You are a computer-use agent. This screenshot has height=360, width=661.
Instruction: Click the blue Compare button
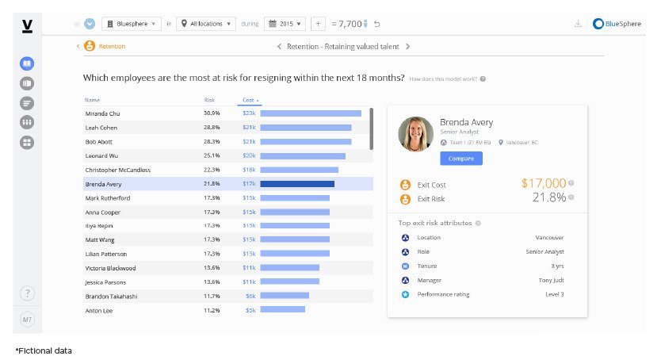pyautogui.click(x=460, y=159)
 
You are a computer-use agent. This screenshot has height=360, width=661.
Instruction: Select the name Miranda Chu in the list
pyautogui.click(x=102, y=113)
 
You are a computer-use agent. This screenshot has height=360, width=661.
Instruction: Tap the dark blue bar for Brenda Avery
pyautogui.click(x=297, y=184)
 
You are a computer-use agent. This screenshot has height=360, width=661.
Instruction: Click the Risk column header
pyautogui.click(x=209, y=101)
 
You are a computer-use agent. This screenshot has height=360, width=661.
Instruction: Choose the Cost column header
pyautogui.click(x=248, y=101)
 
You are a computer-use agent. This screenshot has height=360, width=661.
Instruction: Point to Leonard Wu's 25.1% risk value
pyautogui.click(x=212, y=155)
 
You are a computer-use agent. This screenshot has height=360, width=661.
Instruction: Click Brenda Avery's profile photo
pyautogui.click(x=415, y=134)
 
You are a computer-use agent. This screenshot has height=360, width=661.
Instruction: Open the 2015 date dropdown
pyautogui.click(x=285, y=24)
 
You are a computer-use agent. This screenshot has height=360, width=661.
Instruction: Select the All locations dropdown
pyautogui.click(x=206, y=24)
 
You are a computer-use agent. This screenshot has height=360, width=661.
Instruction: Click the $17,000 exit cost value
pyautogui.click(x=544, y=183)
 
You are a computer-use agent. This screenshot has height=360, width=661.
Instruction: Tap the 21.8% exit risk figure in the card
pyautogui.click(x=548, y=197)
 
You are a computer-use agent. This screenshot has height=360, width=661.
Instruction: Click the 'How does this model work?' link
pyautogui.click(x=444, y=79)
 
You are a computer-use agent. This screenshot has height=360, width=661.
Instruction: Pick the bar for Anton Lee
pyautogui.click(x=282, y=309)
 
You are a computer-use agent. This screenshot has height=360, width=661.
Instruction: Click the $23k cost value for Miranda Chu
pyautogui.click(x=249, y=113)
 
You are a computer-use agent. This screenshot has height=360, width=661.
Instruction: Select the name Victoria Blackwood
pyautogui.click(x=110, y=268)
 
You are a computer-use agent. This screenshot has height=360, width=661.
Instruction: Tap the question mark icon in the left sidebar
pyautogui.click(x=27, y=293)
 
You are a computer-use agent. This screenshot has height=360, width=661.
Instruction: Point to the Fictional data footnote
pyautogui.click(x=44, y=350)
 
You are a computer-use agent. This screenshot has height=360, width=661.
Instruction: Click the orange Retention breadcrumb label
pyautogui.click(x=112, y=46)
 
